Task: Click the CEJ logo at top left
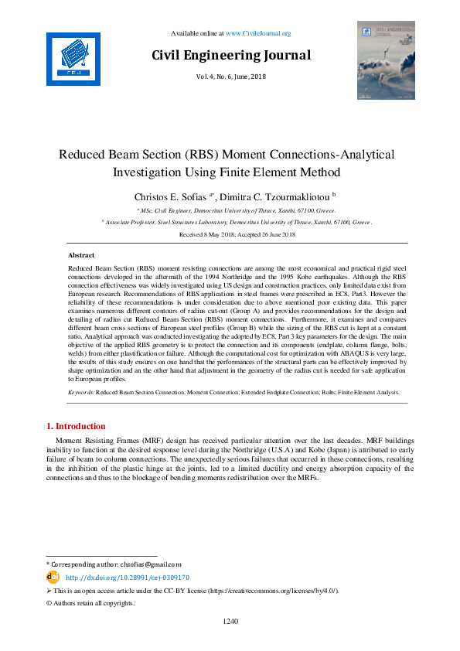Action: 73,59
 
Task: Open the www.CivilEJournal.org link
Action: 257,33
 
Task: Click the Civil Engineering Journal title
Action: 230,55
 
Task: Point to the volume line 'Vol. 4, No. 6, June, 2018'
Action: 230,77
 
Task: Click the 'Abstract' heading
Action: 81,254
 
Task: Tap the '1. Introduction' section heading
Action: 83,426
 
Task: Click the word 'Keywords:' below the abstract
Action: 81,393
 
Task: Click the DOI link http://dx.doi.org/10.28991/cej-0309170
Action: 128,578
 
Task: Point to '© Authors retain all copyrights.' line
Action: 90,603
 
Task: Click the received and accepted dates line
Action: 230,233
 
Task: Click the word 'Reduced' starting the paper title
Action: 85,154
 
